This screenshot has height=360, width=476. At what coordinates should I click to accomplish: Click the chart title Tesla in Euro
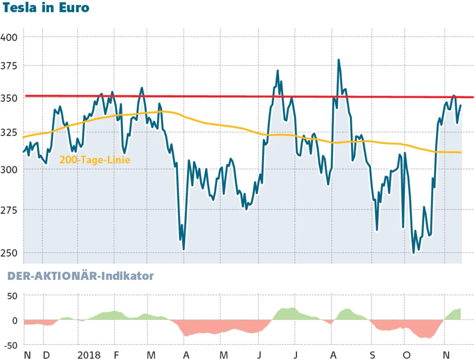coord(45,8)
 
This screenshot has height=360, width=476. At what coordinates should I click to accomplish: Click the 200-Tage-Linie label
coord(95,160)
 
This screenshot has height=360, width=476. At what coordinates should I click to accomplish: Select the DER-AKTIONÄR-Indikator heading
coord(79,276)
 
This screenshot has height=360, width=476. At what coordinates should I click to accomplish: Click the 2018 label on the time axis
coord(89,355)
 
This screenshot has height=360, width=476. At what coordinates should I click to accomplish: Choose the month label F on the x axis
coord(116,355)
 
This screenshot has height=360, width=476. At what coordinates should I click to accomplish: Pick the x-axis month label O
coord(406,355)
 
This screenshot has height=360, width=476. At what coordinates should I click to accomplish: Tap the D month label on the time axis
coord(46,355)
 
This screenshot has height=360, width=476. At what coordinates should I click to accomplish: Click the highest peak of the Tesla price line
coord(338,60)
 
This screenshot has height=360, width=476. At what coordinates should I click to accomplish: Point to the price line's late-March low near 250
coord(184,249)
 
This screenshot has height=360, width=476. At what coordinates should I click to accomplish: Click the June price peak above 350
coord(278,71)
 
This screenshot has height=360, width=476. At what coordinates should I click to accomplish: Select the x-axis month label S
coord(372,355)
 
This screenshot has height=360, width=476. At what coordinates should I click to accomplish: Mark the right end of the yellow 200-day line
coord(461,152)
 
